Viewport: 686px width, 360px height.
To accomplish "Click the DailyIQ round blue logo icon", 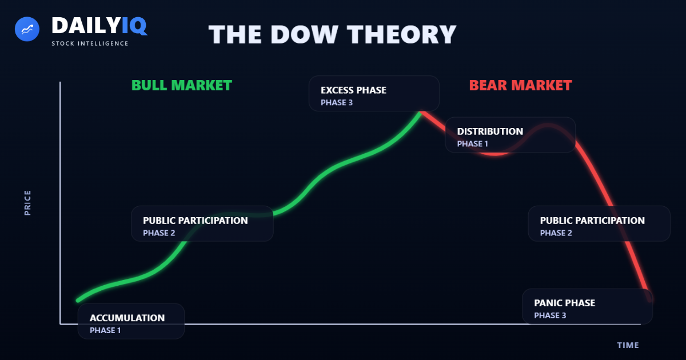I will point(26,29).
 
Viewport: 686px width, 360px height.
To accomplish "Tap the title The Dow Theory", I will point(332,34).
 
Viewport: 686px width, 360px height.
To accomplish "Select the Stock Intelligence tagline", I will point(90,43).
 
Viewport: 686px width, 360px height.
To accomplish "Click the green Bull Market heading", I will point(182,86).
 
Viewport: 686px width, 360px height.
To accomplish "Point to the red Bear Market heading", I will point(520,86).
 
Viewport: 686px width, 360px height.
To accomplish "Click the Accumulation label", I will point(127,318).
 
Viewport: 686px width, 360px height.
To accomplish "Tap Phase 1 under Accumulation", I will point(105,330).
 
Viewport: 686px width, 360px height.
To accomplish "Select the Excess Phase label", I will point(353,90).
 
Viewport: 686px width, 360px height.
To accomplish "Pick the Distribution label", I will point(490,131).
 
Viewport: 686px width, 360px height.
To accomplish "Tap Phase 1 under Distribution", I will point(473,144).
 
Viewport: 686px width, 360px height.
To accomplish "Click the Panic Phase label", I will point(564,303).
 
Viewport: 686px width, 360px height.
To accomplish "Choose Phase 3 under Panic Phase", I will point(550,315).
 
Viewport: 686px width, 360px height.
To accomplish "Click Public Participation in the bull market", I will point(196,221).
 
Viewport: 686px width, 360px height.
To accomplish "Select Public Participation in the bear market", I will point(592,221).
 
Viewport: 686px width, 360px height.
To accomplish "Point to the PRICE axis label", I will point(28,203).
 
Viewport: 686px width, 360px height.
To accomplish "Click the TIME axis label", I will point(628,345).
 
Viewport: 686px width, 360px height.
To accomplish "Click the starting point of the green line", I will point(78,300).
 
